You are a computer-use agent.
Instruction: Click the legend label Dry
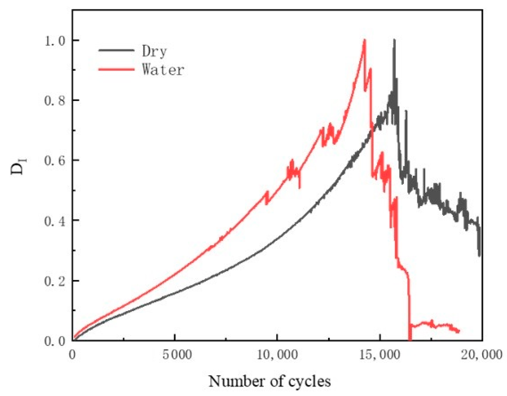[x=154, y=51]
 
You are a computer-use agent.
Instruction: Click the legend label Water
[x=163, y=69]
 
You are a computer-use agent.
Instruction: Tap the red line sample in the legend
[x=116, y=69]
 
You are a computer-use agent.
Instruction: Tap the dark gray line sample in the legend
[x=116, y=50]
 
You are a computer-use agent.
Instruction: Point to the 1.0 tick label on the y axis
[x=55, y=41]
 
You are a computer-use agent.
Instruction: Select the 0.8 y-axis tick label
[x=55, y=101]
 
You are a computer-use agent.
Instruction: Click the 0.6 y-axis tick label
[x=55, y=161]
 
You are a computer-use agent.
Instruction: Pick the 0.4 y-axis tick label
[x=55, y=221]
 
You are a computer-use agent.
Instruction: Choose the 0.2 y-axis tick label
[x=55, y=281]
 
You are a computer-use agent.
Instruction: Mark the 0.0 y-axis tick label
[x=55, y=341]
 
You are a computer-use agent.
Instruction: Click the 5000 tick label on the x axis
[x=177, y=355]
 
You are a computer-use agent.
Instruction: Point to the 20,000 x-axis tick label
[x=481, y=355]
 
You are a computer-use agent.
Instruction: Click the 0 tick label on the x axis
[x=73, y=355]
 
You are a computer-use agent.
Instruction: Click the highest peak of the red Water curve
[x=364, y=40]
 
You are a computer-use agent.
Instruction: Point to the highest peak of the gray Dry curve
[x=394, y=40]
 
